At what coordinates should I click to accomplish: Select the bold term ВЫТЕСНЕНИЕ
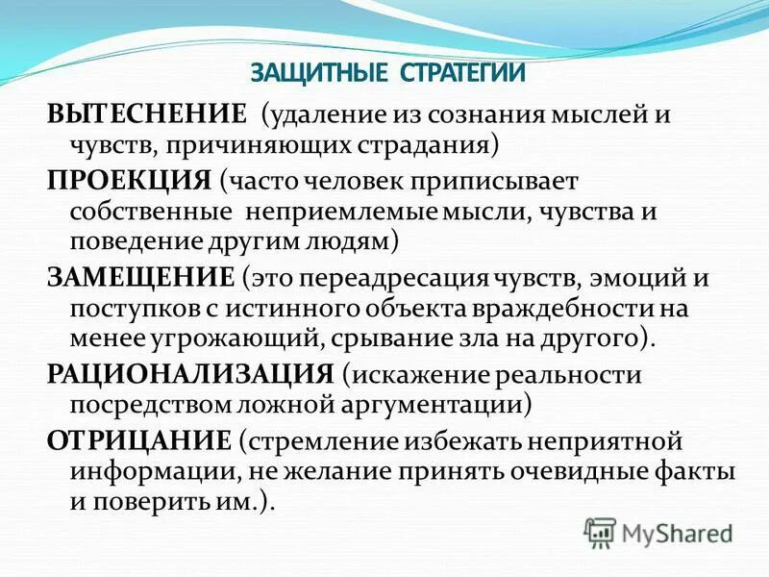[x=148, y=116]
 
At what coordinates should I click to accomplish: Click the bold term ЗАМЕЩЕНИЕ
[x=140, y=278]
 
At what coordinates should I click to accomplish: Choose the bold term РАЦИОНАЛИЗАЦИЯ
[x=190, y=374]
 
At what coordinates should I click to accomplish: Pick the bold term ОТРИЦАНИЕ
[x=138, y=439]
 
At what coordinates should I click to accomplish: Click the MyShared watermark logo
[x=659, y=531]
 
